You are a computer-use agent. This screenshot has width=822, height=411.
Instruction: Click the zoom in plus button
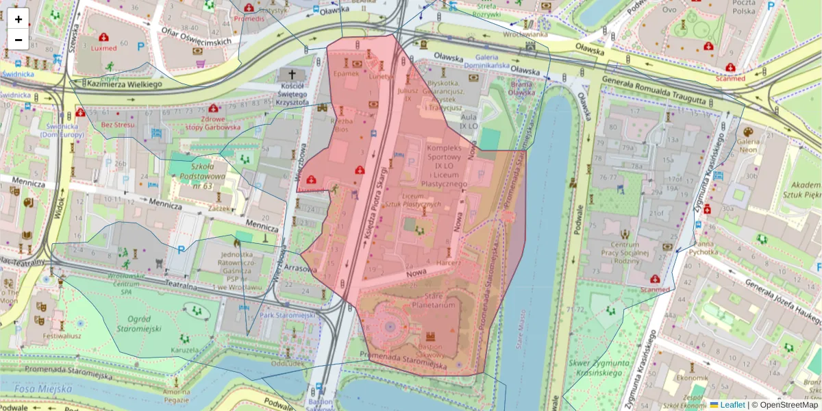18,18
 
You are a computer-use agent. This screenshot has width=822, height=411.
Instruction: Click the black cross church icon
292,74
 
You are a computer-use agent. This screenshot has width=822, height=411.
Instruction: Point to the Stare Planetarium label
434,300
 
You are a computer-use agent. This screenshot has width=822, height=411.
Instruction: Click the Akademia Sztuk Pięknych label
806,190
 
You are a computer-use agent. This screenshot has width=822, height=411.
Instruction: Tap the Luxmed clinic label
104,48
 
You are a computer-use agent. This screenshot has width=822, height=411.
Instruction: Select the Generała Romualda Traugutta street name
653,90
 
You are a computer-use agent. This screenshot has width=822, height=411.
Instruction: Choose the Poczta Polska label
734,8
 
